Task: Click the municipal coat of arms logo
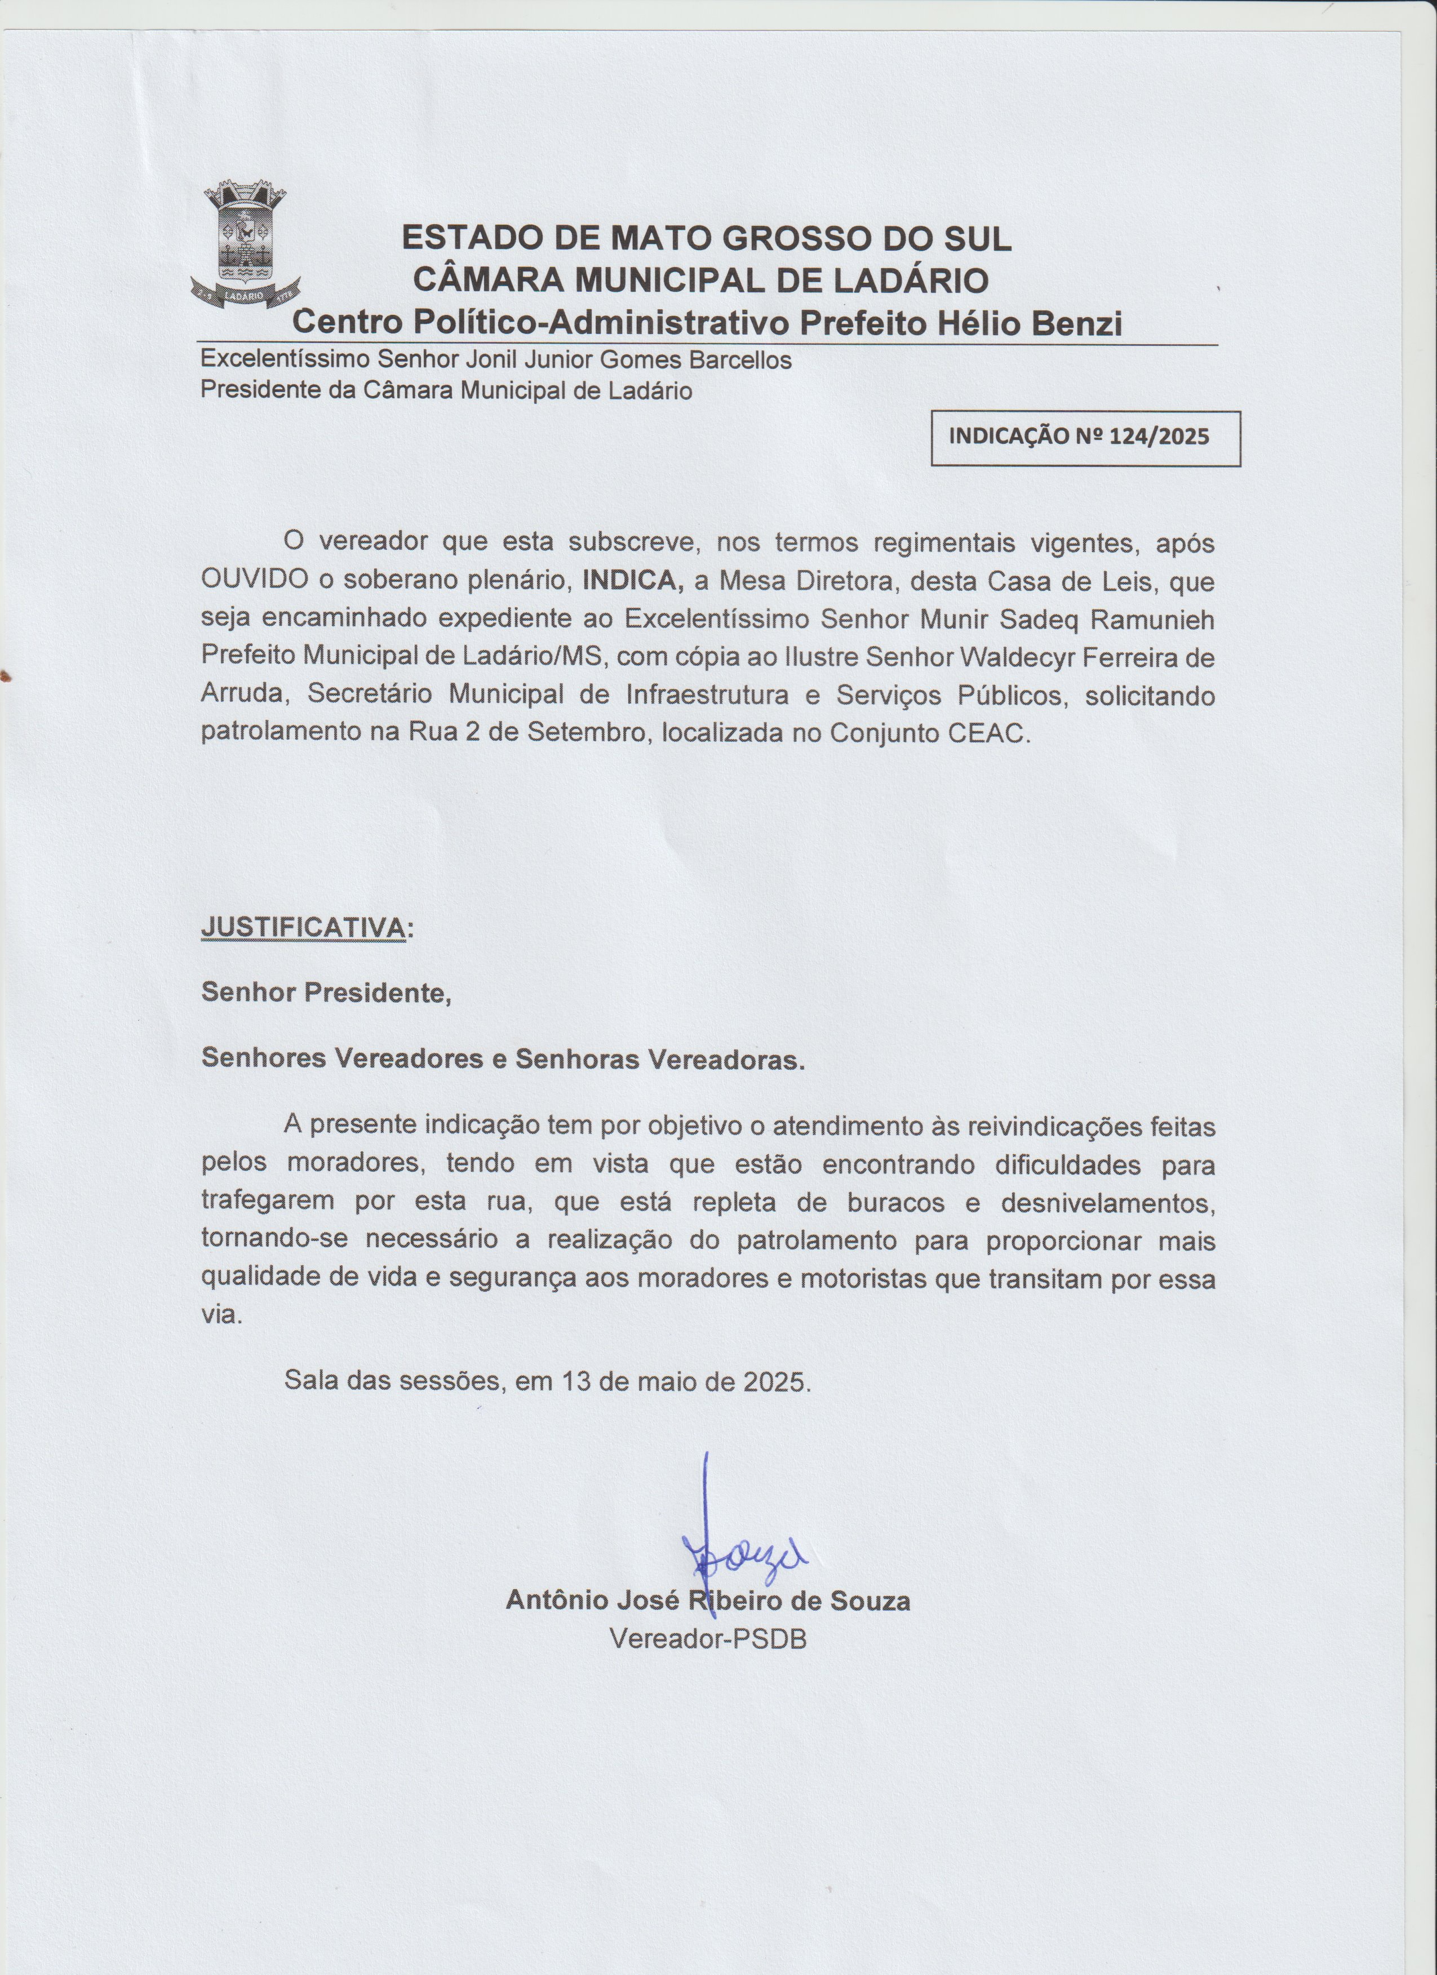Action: (246, 246)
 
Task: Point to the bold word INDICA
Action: (632, 580)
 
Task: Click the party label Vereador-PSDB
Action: (708, 1639)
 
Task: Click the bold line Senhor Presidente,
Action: (326, 992)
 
